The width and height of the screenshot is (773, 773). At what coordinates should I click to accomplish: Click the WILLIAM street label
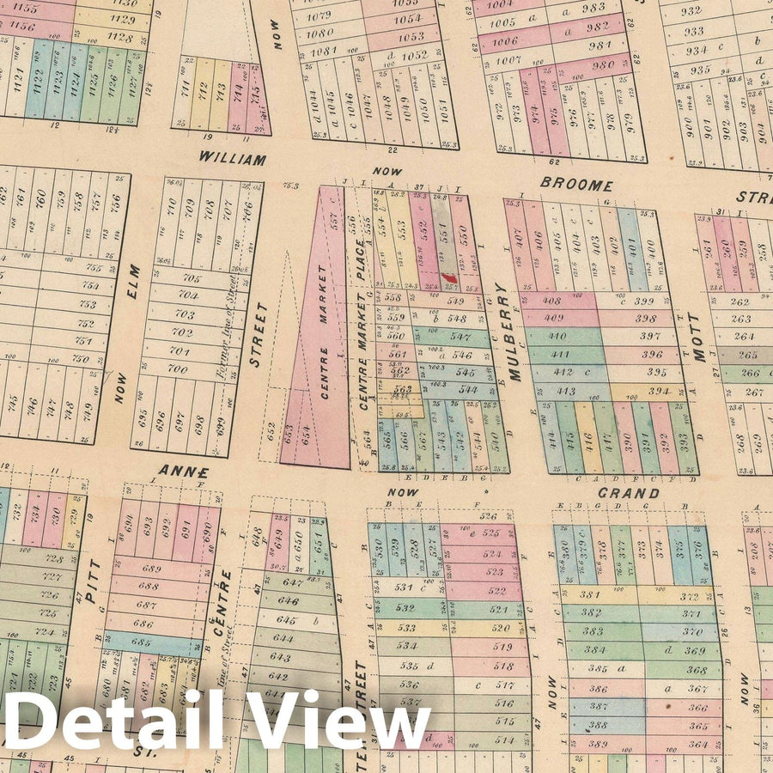tap(232, 159)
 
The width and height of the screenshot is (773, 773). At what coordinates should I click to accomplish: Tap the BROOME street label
tap(576, 185)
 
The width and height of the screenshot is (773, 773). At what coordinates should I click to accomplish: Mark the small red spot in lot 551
tap(447, 277)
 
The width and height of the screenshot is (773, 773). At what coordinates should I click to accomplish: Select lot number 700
tap(177, 369)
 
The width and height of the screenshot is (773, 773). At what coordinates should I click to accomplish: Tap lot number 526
tap(489, 516)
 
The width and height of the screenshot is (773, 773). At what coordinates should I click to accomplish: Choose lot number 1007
tap(508, 60)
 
